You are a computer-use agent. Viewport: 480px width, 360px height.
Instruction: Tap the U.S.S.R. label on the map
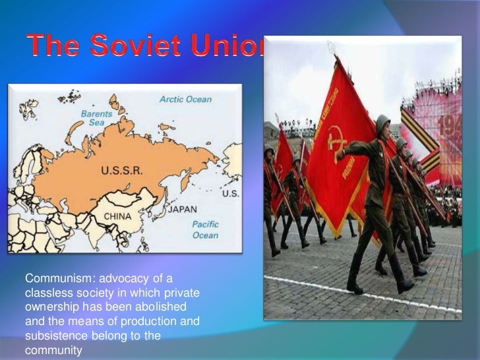coord(121,171)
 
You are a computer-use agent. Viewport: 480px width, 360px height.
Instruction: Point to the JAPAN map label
coord(182,210)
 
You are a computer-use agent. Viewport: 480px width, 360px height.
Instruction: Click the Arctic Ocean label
coord(185,100)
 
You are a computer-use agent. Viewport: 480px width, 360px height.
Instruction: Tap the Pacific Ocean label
coord(205,229)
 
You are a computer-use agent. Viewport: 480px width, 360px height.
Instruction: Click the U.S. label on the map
coord(231,194)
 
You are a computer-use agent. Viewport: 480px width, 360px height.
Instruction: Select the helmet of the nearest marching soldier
coord(382,123)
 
